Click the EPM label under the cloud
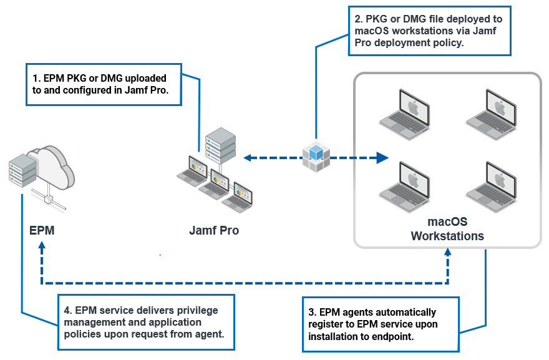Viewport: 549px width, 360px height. pos(42,230)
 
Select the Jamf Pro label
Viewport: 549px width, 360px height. pos(214,230)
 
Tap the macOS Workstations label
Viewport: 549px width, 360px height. pos(447,229)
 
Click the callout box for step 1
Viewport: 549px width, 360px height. pos(104,85)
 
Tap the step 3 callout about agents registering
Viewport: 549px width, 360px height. pos(380,324)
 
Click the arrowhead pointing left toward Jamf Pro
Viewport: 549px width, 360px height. pos(248,158)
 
